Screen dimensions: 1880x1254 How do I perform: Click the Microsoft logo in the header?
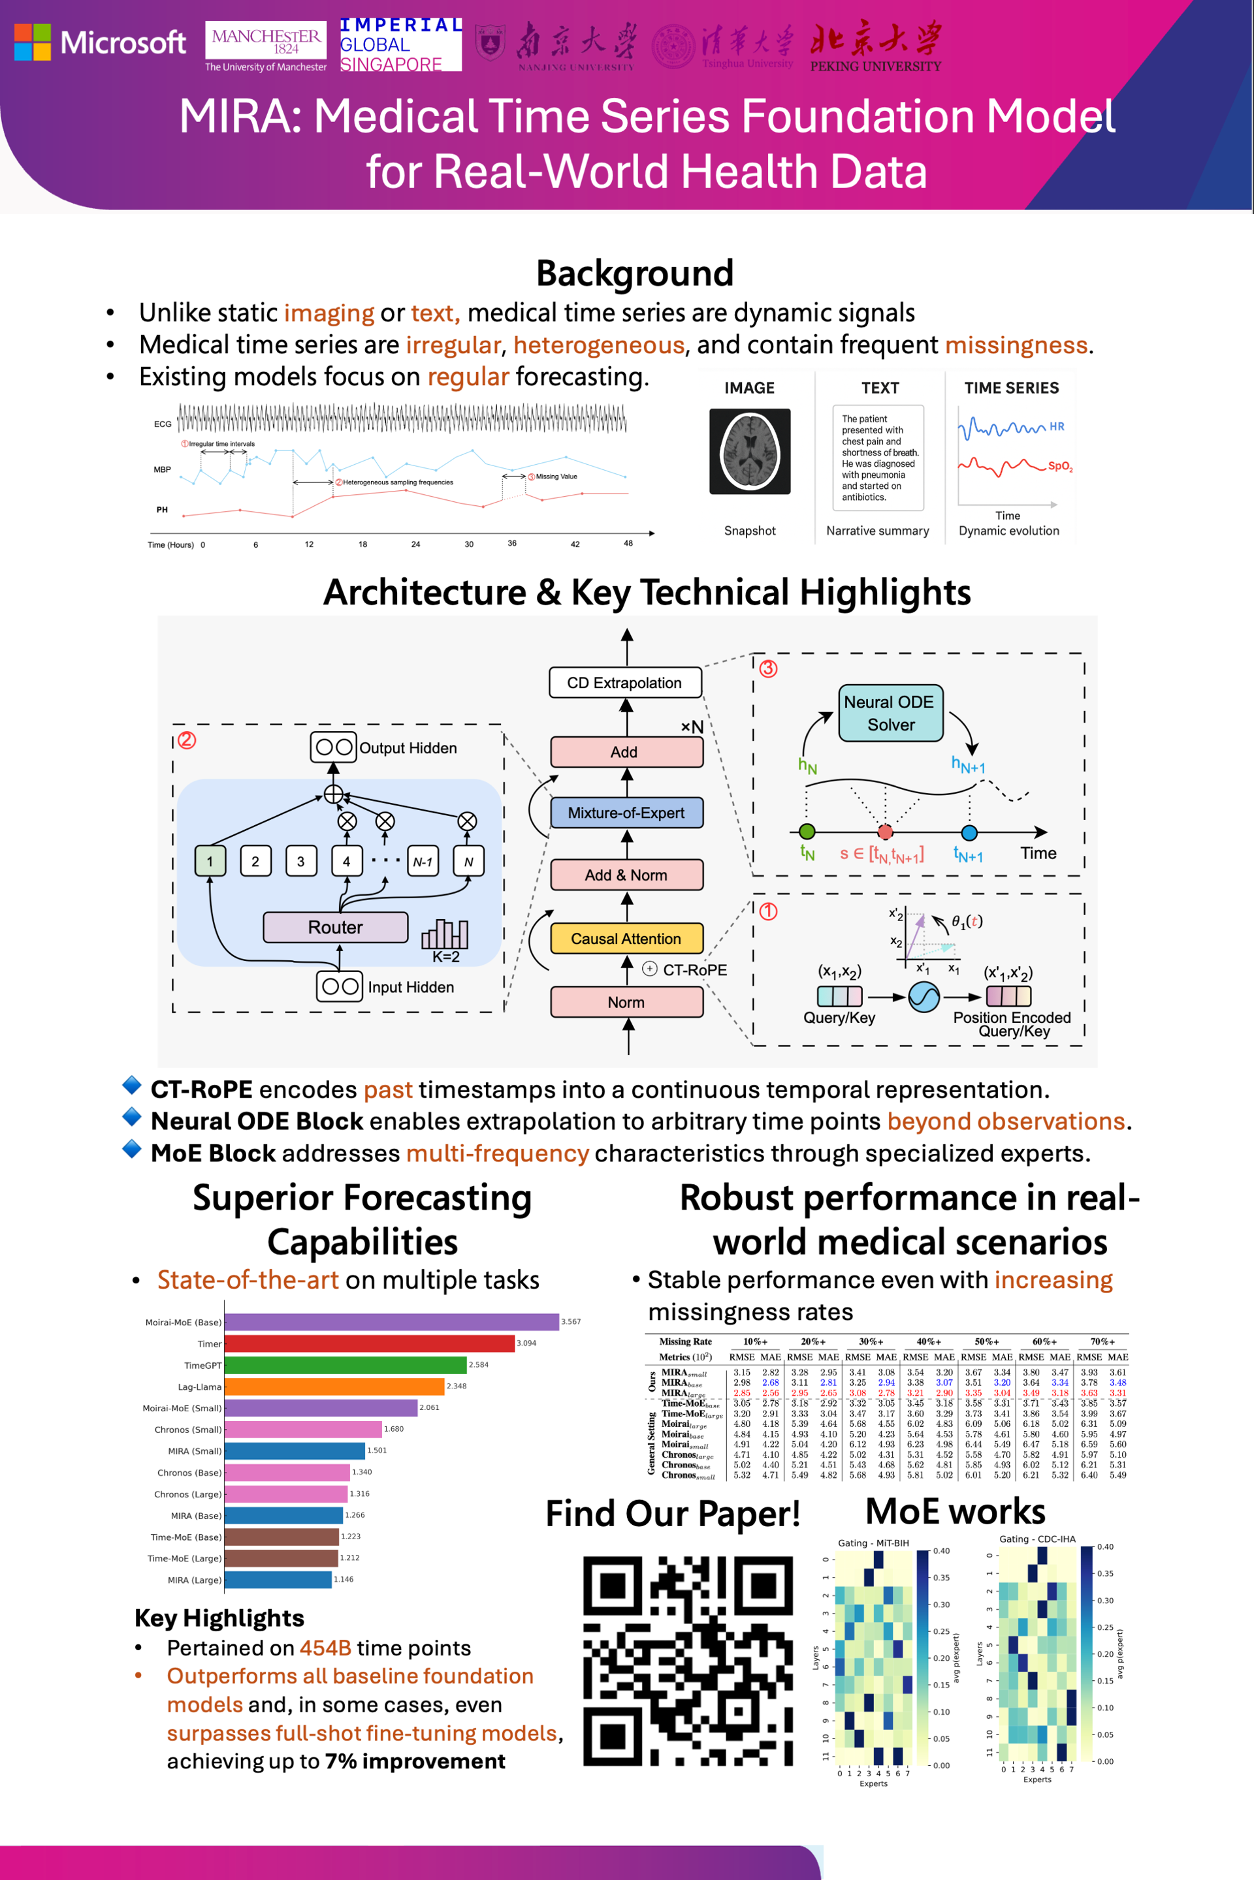pyautogui.click(x=100, y=42)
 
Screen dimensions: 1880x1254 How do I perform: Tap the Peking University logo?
pyautogui.click(x=876, y=46)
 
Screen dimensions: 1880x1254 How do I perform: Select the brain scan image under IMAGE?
pyautogui.click(x=749, y=452)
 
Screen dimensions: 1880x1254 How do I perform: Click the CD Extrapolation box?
pyautogui.click(x=624, y=683)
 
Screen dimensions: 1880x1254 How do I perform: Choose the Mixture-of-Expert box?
pyautogui.click(x=626, y=813)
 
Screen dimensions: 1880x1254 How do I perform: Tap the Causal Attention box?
pyautogui.click(x=626, y=939)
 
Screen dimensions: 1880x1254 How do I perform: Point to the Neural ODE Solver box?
pyautogui.click(x=890, y=713)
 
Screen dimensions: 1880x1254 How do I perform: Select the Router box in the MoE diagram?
pyautogui.click(x=335, y=927)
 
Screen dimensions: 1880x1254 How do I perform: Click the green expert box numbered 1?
pyautogui.click(x=210, y=862)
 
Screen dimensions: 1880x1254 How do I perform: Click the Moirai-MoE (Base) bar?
pyautogui.click(x=391, y=1322)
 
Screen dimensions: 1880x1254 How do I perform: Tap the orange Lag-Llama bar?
pyautogui.click(x=334, y=1386)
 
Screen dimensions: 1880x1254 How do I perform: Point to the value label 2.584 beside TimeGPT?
pyautogui.click(x=478, y=1365)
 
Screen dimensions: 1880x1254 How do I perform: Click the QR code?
pyautogui.click(x=688, y=1660)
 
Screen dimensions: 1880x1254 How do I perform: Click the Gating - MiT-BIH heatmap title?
pyautogui.click(x=873, y=1543)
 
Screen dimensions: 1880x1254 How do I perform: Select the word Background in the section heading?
pyautogui.click(x=634, y=274)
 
